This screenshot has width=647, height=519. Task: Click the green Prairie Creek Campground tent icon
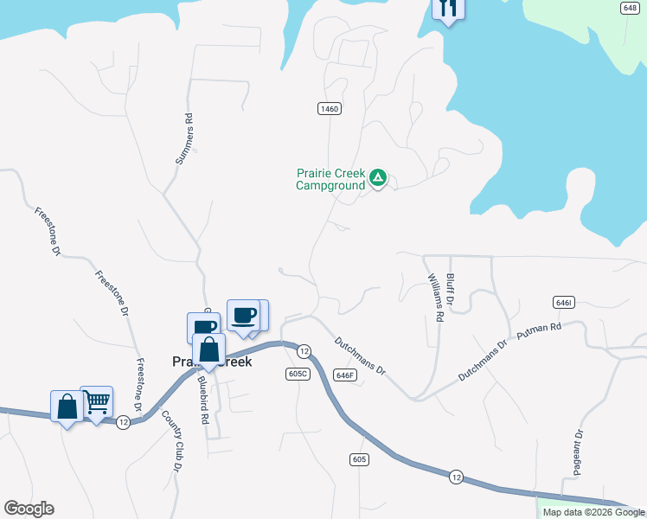click(378, 178)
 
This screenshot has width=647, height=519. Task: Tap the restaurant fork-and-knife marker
click(448, 9)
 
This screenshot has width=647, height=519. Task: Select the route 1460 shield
click(329, 108)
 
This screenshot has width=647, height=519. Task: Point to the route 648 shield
click(629, 8)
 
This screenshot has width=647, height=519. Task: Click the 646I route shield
click(563, 302)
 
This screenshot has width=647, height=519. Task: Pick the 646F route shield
click(345, 375)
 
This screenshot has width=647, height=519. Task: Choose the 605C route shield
click(298, 373)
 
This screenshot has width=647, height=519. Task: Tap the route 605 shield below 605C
click(360, 459)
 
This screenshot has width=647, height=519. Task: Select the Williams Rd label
click(435, 299)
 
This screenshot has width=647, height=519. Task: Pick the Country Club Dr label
click(176, 445)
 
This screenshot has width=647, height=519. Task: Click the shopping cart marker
click(97, 401)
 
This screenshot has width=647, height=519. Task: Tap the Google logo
click(29, 509)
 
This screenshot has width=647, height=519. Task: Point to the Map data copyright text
click(593, 512)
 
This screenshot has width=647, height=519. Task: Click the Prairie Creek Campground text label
click(330, 178)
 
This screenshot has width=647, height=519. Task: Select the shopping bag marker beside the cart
click(67, 407)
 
